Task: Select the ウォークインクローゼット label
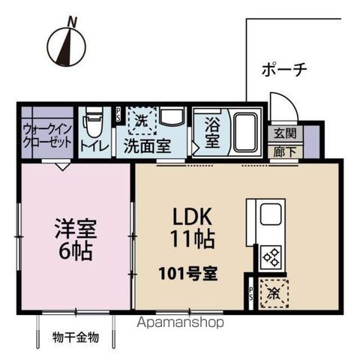tap(46, 134)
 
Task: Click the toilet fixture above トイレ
tap(93, 121)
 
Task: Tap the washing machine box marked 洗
tap(141, 119)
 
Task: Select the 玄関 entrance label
tap(284, 133)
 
